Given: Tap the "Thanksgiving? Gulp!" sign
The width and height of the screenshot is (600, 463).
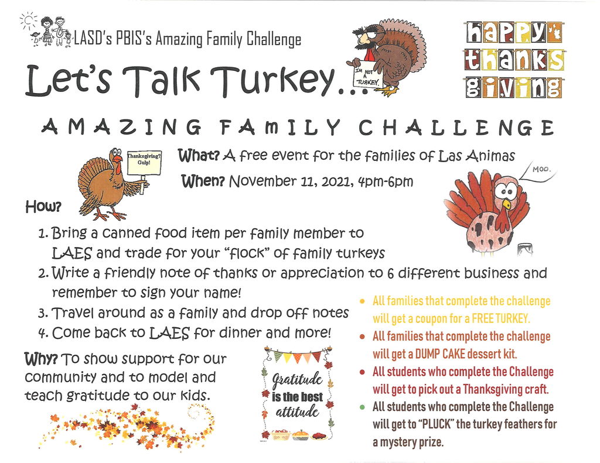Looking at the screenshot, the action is tap(144, 162).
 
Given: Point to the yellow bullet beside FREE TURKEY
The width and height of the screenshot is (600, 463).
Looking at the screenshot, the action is tap(362, 301).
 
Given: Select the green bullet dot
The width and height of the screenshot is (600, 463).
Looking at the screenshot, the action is tap(362, 407).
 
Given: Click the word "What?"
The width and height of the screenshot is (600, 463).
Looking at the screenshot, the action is tap(199, 156).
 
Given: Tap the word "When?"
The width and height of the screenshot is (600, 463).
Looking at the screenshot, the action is tap(203, 181).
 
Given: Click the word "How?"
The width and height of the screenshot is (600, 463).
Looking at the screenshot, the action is tap(43, 207).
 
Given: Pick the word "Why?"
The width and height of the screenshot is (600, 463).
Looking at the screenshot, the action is tap(41, 359).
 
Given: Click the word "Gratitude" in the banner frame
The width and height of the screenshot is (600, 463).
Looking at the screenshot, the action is tap(297, 380).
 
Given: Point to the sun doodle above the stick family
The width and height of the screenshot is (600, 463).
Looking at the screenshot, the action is tap(28, 20).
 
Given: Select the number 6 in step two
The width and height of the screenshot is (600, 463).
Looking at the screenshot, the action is tap(389, 273).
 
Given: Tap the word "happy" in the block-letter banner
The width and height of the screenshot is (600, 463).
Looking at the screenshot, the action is tap(513, 33).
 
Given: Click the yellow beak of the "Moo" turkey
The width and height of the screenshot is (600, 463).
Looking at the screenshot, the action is tap(506, 203).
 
